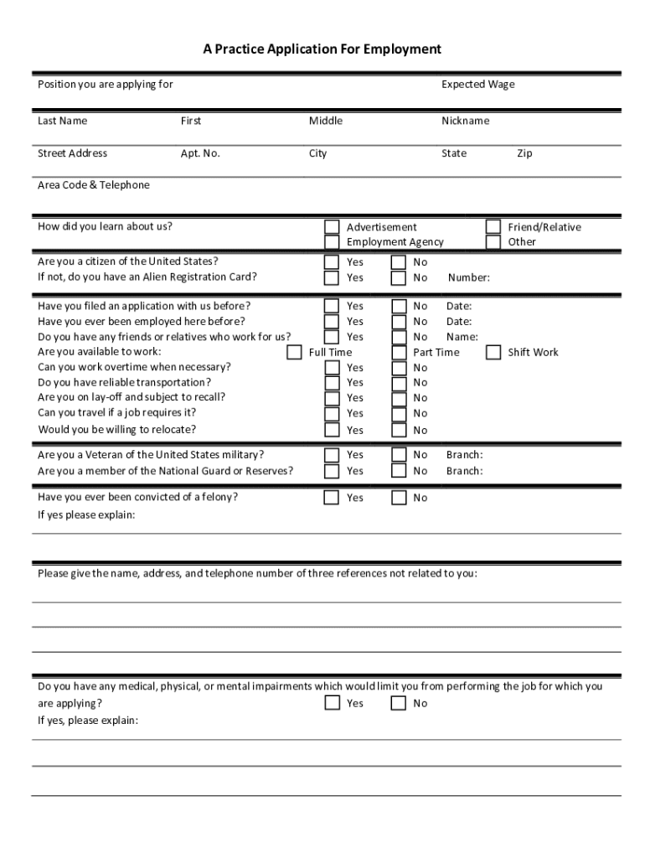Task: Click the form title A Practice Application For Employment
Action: [322, 49]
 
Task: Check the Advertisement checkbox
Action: [333, 227]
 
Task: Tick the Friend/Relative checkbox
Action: [493, 227]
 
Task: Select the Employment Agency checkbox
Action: [333, 242]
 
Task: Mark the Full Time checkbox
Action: [294, 352]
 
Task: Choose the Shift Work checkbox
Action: [493, 352]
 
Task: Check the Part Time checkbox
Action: [400, 352]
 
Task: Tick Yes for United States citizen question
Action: [333, 262]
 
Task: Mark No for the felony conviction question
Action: [400, 498]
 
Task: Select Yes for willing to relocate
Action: [333, 430]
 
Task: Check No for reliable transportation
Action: [400, 383]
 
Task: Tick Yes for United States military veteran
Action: [333, 455]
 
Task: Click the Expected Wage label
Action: [477, 85]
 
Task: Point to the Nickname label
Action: [465, 121]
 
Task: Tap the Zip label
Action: [524, 153]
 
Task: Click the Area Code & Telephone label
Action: [94, 185]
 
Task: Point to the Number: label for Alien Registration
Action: [469, 278]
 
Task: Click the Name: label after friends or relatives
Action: [462, 337]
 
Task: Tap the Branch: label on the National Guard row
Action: [464, 471]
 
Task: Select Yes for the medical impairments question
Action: [333, 703]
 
